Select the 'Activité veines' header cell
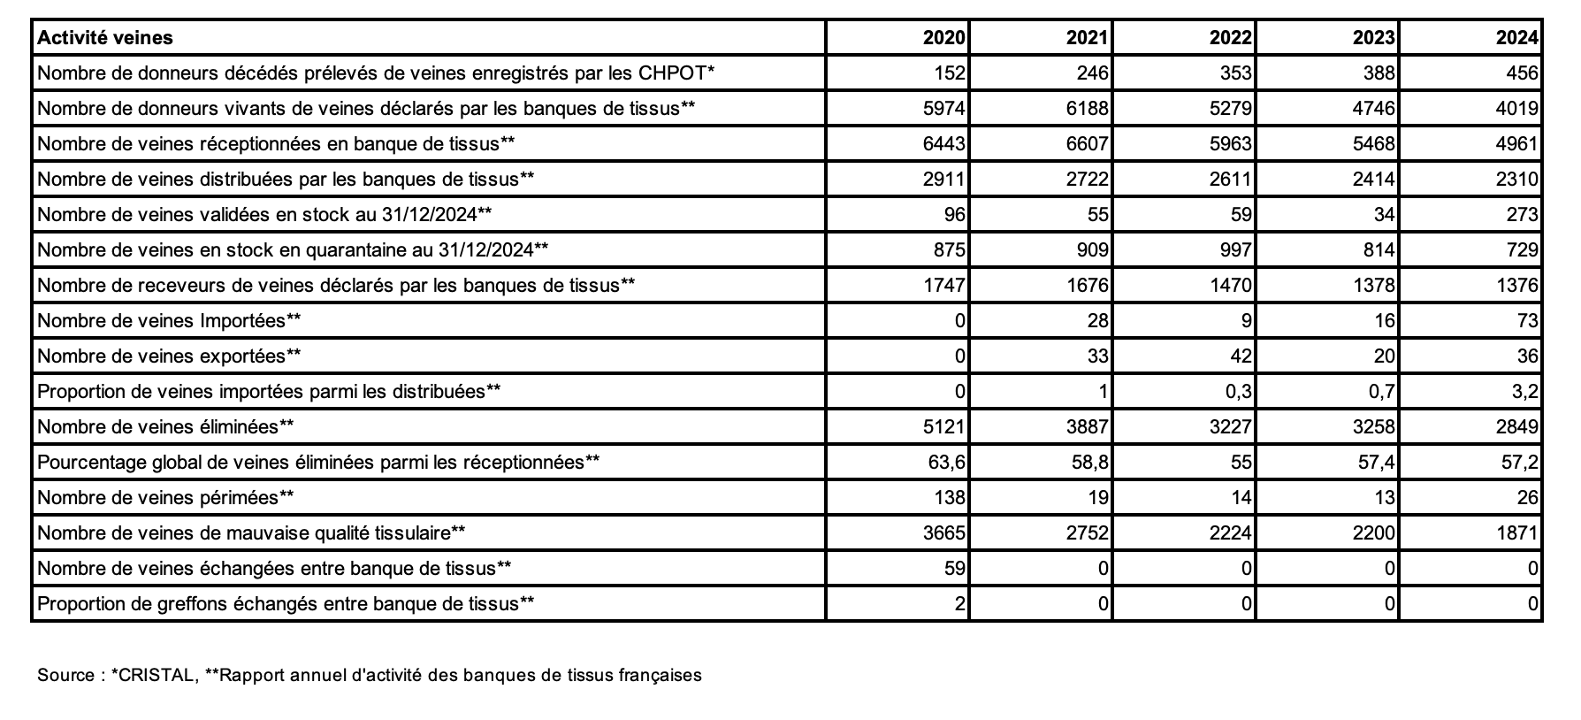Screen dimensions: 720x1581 [x=105, y=37]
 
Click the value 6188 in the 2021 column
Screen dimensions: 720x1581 [x=1088, y=108]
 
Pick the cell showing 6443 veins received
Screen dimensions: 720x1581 [x=944, y=143]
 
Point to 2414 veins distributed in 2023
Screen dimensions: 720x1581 [x=1374, y=179]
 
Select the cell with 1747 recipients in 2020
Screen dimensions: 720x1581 [x=944, y=285]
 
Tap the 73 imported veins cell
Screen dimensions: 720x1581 [x=1527, y=320]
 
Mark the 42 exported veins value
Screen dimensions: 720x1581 [x=1241, y=356]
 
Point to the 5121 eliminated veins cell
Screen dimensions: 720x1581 [x=944, y=426]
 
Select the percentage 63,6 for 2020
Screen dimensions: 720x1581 [x=947, y=462]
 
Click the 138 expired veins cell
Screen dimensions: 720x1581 [x=950, y=497]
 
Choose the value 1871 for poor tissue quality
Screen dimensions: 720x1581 [x=1517, y=532]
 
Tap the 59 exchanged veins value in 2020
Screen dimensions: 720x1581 [x=955, y=568]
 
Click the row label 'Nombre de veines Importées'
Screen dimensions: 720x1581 [x=169, y=320]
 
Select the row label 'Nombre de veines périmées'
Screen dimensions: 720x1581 [x=165, y=497]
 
